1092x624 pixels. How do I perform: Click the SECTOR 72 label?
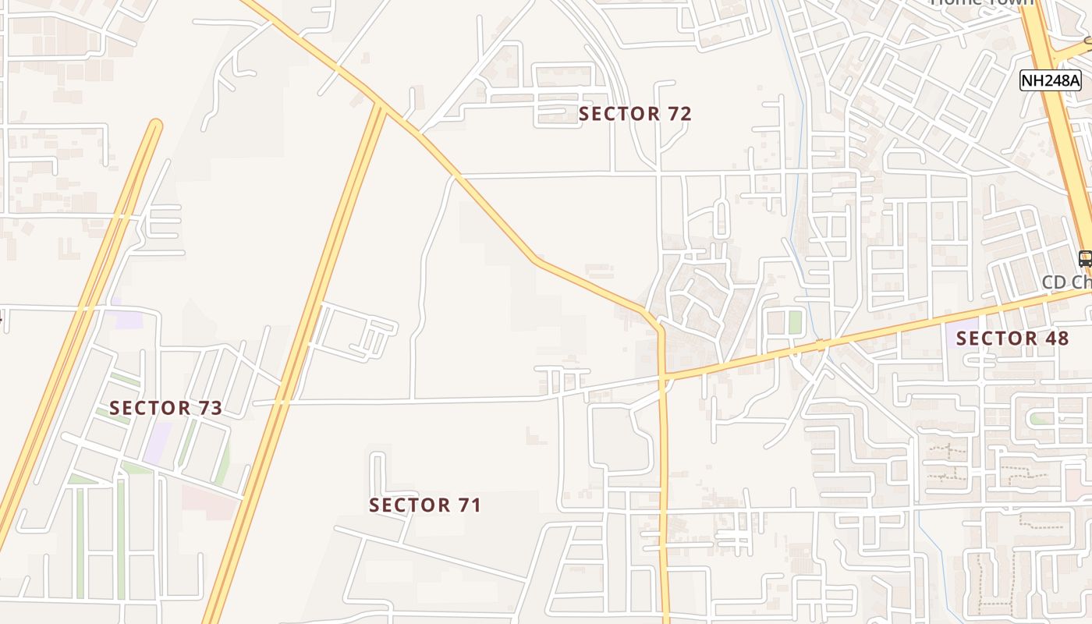[x=635, y=114]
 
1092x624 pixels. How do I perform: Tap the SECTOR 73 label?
[x=165, y=408]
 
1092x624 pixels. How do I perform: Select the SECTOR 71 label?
[x=425, y=505]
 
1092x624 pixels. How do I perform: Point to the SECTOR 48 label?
[x=1012, y=339]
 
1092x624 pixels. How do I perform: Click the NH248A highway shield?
[x=1050, y=80]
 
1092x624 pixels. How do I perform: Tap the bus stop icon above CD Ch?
[x=1085, y=259]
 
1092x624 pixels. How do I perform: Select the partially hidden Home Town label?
[x=983, y=3]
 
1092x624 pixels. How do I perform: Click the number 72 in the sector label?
[x=679, y=114]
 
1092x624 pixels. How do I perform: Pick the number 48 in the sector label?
[x=1056, y=339]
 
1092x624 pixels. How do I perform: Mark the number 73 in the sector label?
[x=209, y=408]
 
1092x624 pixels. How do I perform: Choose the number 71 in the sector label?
[x=469, y=505]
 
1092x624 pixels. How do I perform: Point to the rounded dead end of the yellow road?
[x=156, y=125]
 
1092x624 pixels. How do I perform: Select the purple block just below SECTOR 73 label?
[x=158, y=441]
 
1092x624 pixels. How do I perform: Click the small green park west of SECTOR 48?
[x=795, y=321]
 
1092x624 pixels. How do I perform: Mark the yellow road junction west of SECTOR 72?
[x=380, y=104]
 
